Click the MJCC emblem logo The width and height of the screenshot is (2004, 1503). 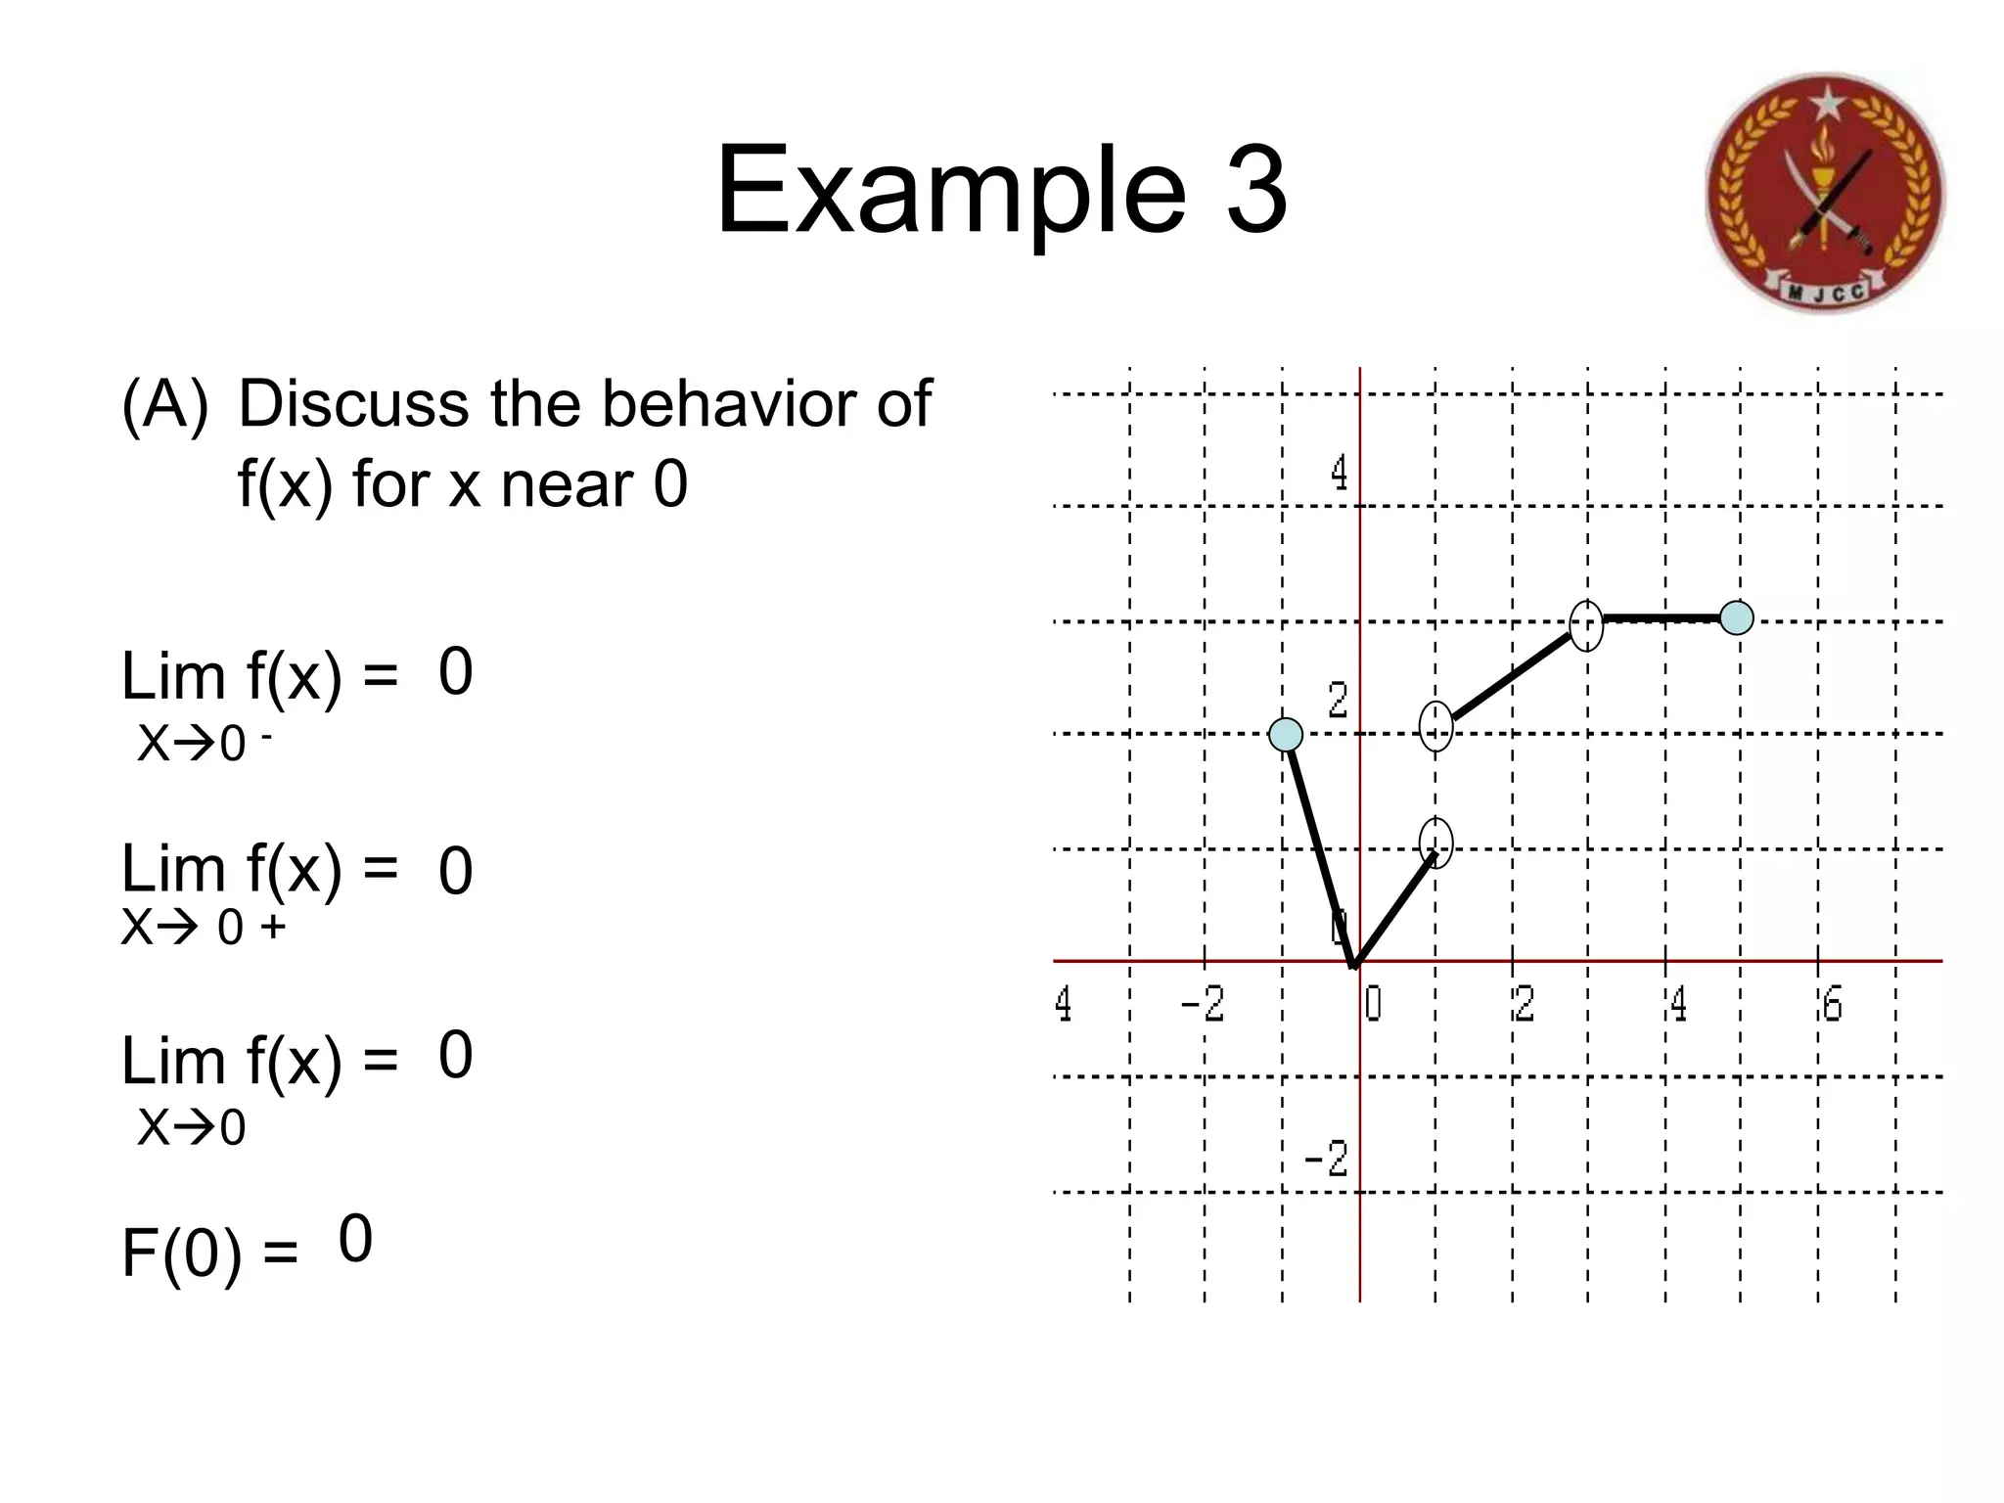(x=1825, y=193)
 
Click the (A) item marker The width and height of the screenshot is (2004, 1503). (x=164, y=403)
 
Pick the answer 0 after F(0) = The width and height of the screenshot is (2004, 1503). (x=355, y=1240)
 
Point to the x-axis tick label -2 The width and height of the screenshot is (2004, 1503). (x=1203, y=1004)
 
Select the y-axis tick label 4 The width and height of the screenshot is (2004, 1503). (x=1339, y=474)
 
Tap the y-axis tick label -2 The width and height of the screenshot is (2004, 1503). (x=1327, y=1160)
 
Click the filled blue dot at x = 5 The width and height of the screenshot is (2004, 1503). (x=1737, y=618)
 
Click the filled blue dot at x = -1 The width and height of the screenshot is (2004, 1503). (x=1286, y=734)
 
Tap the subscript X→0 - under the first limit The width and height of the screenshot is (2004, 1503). (x=204, y=744)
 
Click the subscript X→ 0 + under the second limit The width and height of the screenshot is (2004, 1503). (x=204, y=927)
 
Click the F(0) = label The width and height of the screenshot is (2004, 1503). (x=208, y=1253)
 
